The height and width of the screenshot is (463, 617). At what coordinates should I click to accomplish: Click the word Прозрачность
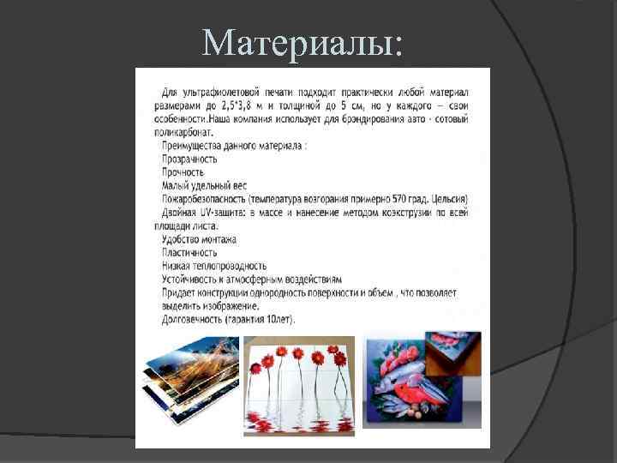point(189,159)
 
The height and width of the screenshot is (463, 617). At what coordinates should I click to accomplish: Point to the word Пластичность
point(189,252)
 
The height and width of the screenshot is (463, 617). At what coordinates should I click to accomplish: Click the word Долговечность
point(193,320)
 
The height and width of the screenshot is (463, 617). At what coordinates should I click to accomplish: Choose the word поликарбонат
point(187,132)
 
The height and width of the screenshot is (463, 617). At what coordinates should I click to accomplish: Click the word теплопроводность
point(230,266)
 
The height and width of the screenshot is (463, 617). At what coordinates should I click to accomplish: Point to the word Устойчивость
point(191,280)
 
